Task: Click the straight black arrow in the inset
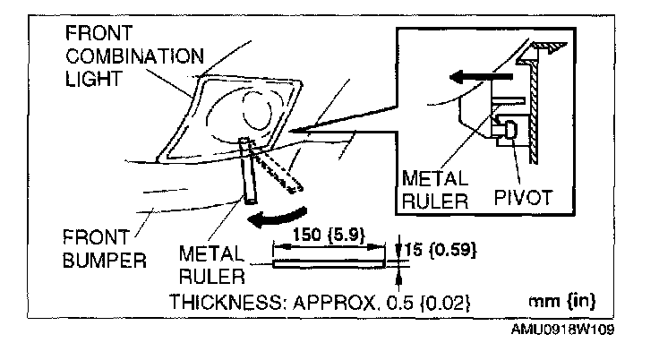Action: [475, 77]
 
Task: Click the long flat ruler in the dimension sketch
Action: [333, 264]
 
